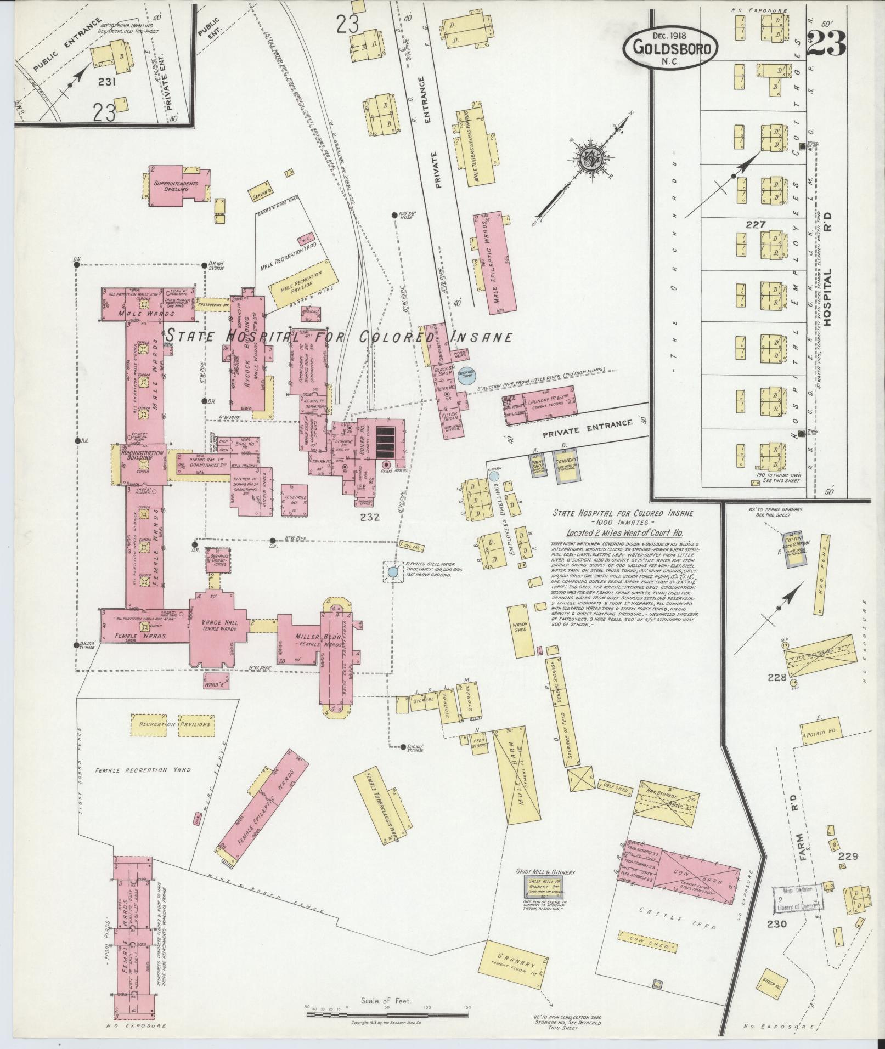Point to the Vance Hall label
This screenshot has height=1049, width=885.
coord(219,623)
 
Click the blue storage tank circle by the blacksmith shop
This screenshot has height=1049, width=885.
coord(467,375)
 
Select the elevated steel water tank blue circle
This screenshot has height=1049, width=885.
coord(392,572)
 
